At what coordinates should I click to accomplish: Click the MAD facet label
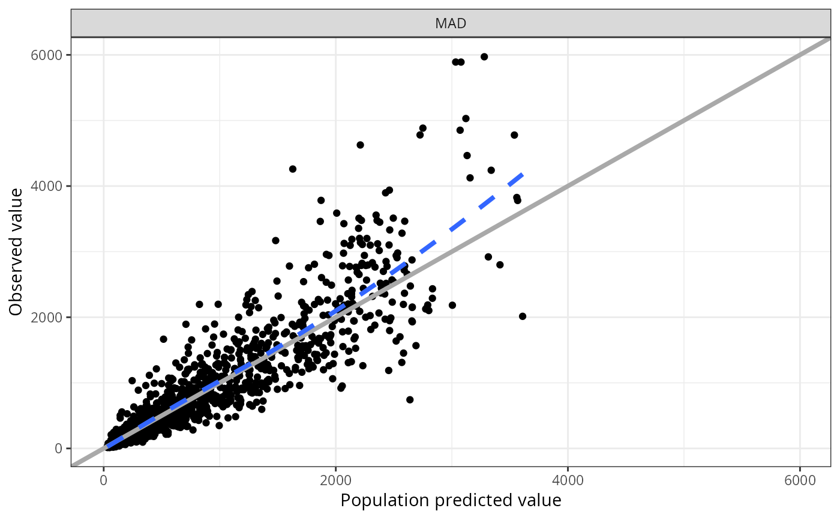tap(451, 24)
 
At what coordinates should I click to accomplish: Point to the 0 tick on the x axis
tap(104, 481)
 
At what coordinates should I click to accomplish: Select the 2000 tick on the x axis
tap(336, 481)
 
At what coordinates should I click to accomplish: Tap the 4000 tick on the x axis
tap(568, 481)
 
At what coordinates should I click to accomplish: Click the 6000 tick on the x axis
tap(800, 481)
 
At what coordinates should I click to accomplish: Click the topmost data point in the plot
tap(484, 56)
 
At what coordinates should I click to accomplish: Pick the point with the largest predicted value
tap(523, 316)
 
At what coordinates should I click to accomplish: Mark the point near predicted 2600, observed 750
tap(410, 399)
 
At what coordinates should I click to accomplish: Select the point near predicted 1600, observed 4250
tap(293, 169)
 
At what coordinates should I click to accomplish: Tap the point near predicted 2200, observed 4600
tap(360, 145)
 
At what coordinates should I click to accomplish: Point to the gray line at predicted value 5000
tap(684, 120)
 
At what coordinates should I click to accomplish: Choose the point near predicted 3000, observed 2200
tap(452, 305)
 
